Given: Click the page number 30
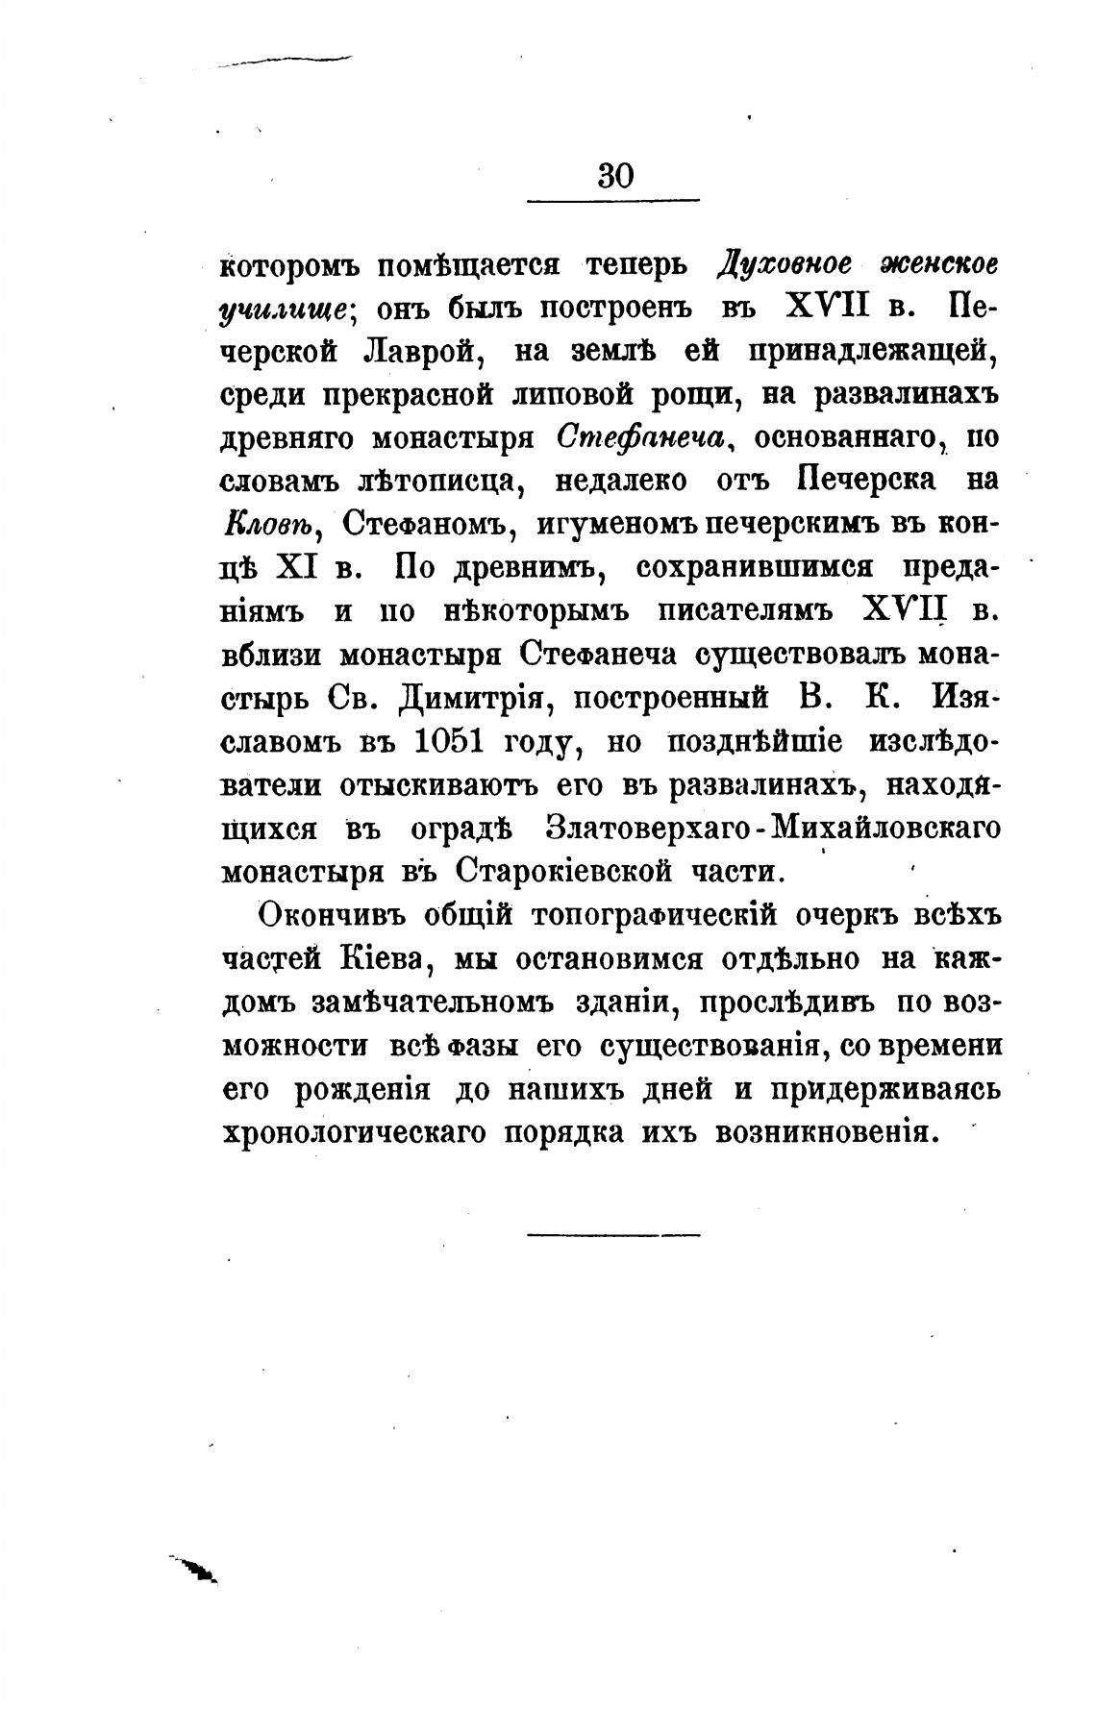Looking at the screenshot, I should tap(615, 176).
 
